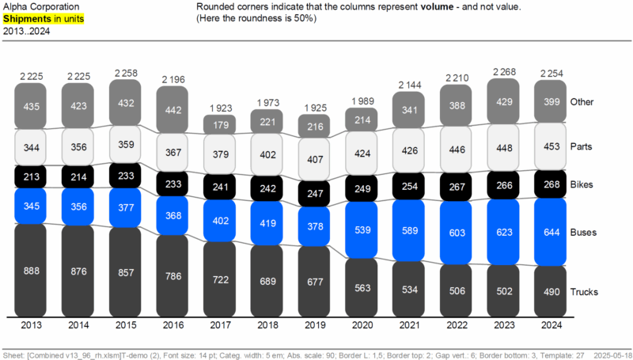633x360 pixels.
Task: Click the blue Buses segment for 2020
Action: click(362, 230)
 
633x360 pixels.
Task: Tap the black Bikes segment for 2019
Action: click(315, 193)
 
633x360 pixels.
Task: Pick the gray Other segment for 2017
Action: click(221, 124)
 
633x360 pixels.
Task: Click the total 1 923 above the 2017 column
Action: click(221, 107)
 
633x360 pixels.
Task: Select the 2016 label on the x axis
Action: click(174, 324)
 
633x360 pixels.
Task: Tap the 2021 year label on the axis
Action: click(410, 324)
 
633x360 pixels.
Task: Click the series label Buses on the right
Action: click(584, 233)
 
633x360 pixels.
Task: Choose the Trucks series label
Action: click(585, 291)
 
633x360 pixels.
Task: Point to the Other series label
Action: click(582, 102)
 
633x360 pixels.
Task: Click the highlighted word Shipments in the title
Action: click(25, 17)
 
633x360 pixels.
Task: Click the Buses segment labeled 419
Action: click(268, 224)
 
